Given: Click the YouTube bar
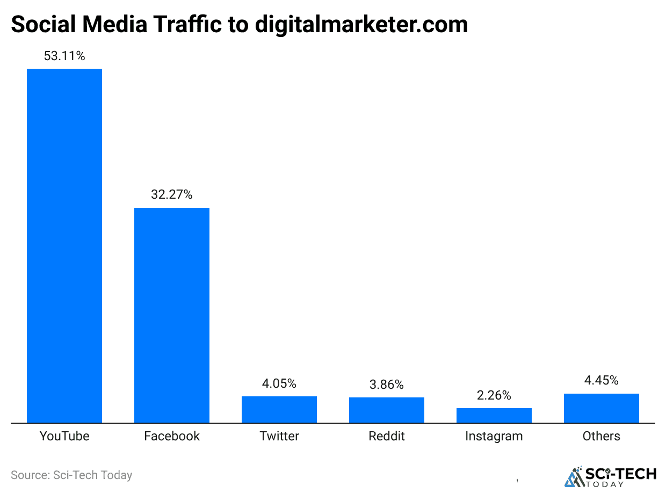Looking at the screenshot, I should (64, 245).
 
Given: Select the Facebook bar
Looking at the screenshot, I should (172, 315).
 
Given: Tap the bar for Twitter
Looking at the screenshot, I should (279, 409).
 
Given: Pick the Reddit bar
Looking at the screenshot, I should (387, 410).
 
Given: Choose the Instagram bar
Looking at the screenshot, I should (494, 415).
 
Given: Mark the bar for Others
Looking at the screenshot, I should (602, 408).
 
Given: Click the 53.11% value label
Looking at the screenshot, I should (64, 55).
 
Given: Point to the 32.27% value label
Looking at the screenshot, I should (172, 194).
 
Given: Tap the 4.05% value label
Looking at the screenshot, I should (279, 383).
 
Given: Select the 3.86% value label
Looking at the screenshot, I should (387, 385).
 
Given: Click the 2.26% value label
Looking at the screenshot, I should (494, 395).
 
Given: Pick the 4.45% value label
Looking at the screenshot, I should (602, 380).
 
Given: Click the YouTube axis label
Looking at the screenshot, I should (64, 436).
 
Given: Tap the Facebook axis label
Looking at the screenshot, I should (172, 436).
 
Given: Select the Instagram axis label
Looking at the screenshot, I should (494, 436).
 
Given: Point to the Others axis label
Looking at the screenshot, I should (602, 436).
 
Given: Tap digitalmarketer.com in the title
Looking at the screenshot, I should (361, 25).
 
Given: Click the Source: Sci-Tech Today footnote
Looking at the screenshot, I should (71, 475).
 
